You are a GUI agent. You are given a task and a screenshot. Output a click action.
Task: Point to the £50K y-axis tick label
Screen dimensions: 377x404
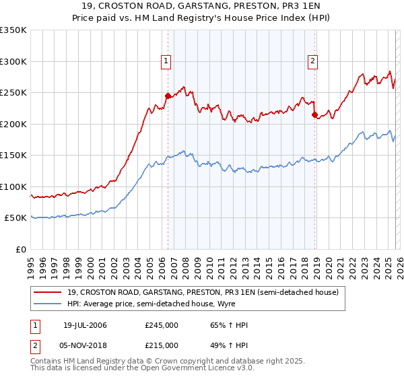(14, 218)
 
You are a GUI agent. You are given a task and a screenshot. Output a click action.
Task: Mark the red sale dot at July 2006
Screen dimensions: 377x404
(168, 96)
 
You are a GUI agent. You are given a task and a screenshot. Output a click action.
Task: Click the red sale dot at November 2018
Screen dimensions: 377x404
(314, 114)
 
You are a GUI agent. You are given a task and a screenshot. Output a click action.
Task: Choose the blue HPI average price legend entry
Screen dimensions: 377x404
(169, 304)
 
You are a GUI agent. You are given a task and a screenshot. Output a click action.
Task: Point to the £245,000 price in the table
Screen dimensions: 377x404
(162, 326)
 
